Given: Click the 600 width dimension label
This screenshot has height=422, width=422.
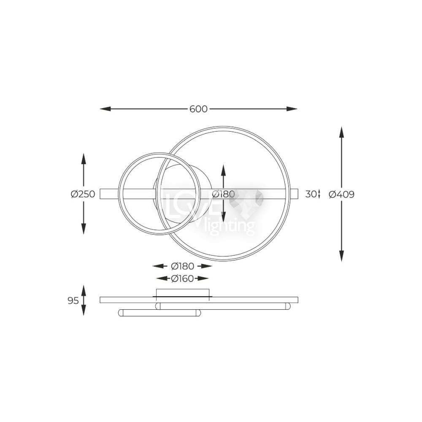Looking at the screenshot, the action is pos(198,109).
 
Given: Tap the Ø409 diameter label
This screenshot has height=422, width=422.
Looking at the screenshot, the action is pos(341,194).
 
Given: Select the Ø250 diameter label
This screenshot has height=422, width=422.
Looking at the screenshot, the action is pos(83,194).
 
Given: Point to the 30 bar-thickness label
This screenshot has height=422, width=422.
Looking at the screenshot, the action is pos(311,194).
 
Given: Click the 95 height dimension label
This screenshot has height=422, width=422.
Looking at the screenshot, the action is pos(73,300).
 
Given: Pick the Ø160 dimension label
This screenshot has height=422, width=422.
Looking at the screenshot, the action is pos(182,279).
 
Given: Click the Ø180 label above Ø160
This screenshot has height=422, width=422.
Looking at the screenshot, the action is pos(182,266).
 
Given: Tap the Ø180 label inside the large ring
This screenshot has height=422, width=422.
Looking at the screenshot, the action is pos(223,194).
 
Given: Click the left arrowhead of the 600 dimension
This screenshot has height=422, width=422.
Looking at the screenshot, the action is pos(105,109).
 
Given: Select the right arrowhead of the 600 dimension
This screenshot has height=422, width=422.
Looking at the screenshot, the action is pos(292,109).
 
